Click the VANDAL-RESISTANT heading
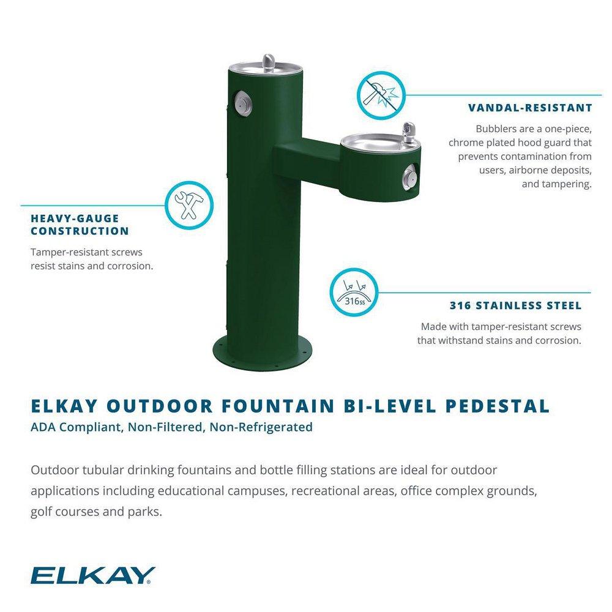click(530, 108)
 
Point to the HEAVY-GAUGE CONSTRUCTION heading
click(80, 225)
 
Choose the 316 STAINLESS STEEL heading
click(515, 306)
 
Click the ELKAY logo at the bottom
click(92, 576)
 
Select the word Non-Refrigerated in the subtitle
click(261, 427)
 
